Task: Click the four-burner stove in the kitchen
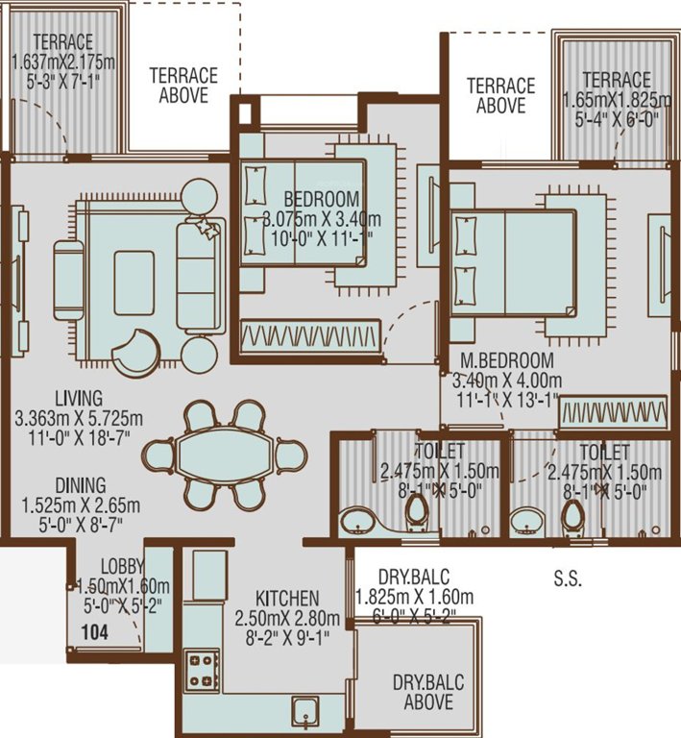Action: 202,669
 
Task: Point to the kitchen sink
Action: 305,714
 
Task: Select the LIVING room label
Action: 79,398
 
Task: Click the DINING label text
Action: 81,485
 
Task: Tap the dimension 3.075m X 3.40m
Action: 308,218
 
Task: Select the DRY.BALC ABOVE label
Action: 427,693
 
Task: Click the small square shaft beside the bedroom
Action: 246,111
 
